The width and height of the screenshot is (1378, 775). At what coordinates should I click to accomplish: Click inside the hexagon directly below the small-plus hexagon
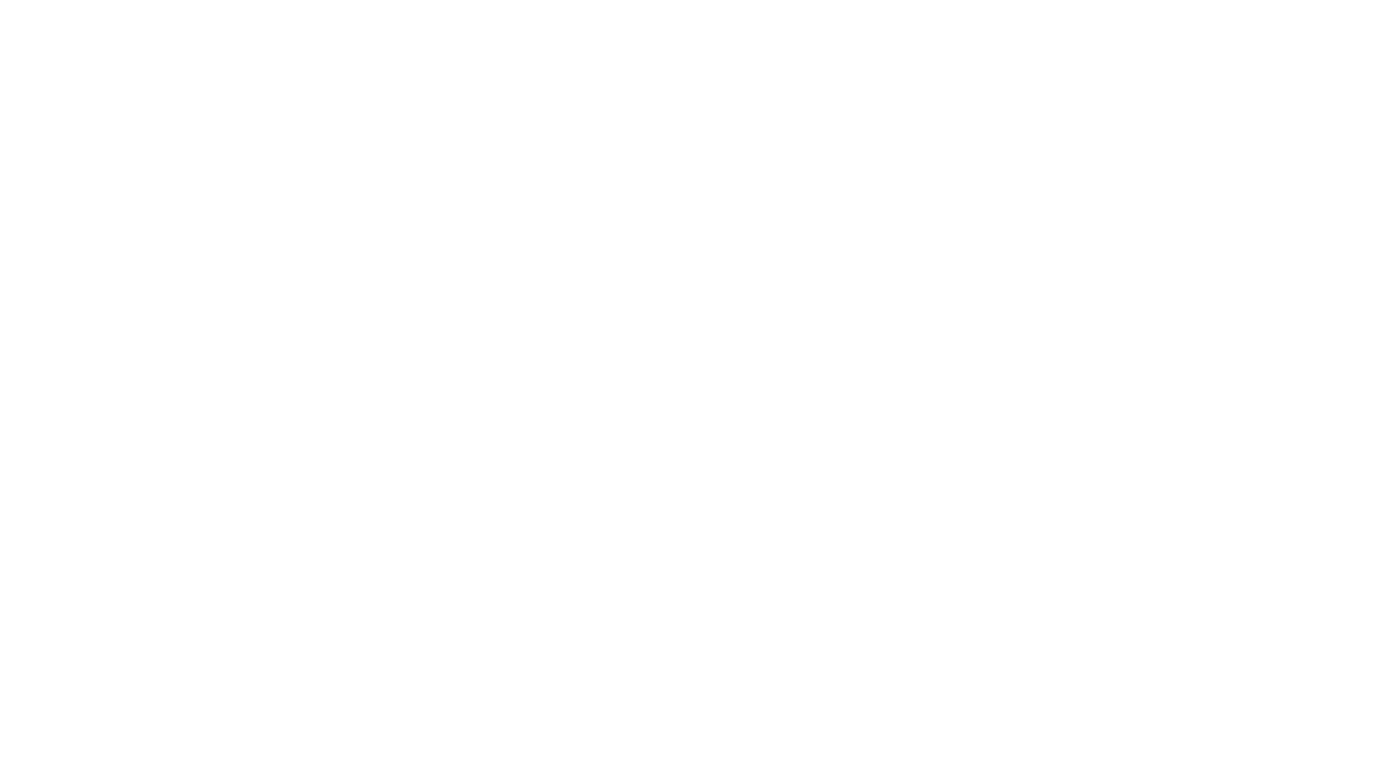[197, 295]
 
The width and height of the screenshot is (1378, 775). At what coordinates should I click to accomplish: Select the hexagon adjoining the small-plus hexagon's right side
[289, 243]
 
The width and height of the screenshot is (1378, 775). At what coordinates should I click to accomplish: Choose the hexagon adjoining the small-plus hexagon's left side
[101, 242]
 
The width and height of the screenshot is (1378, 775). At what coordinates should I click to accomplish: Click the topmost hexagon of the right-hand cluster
[758, 299]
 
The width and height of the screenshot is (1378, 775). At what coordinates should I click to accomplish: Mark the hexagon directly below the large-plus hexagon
[103, 561]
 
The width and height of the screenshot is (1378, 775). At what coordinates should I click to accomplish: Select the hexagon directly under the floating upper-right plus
[1125, 391]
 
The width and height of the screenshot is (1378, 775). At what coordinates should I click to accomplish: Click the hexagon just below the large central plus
[571, 614]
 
